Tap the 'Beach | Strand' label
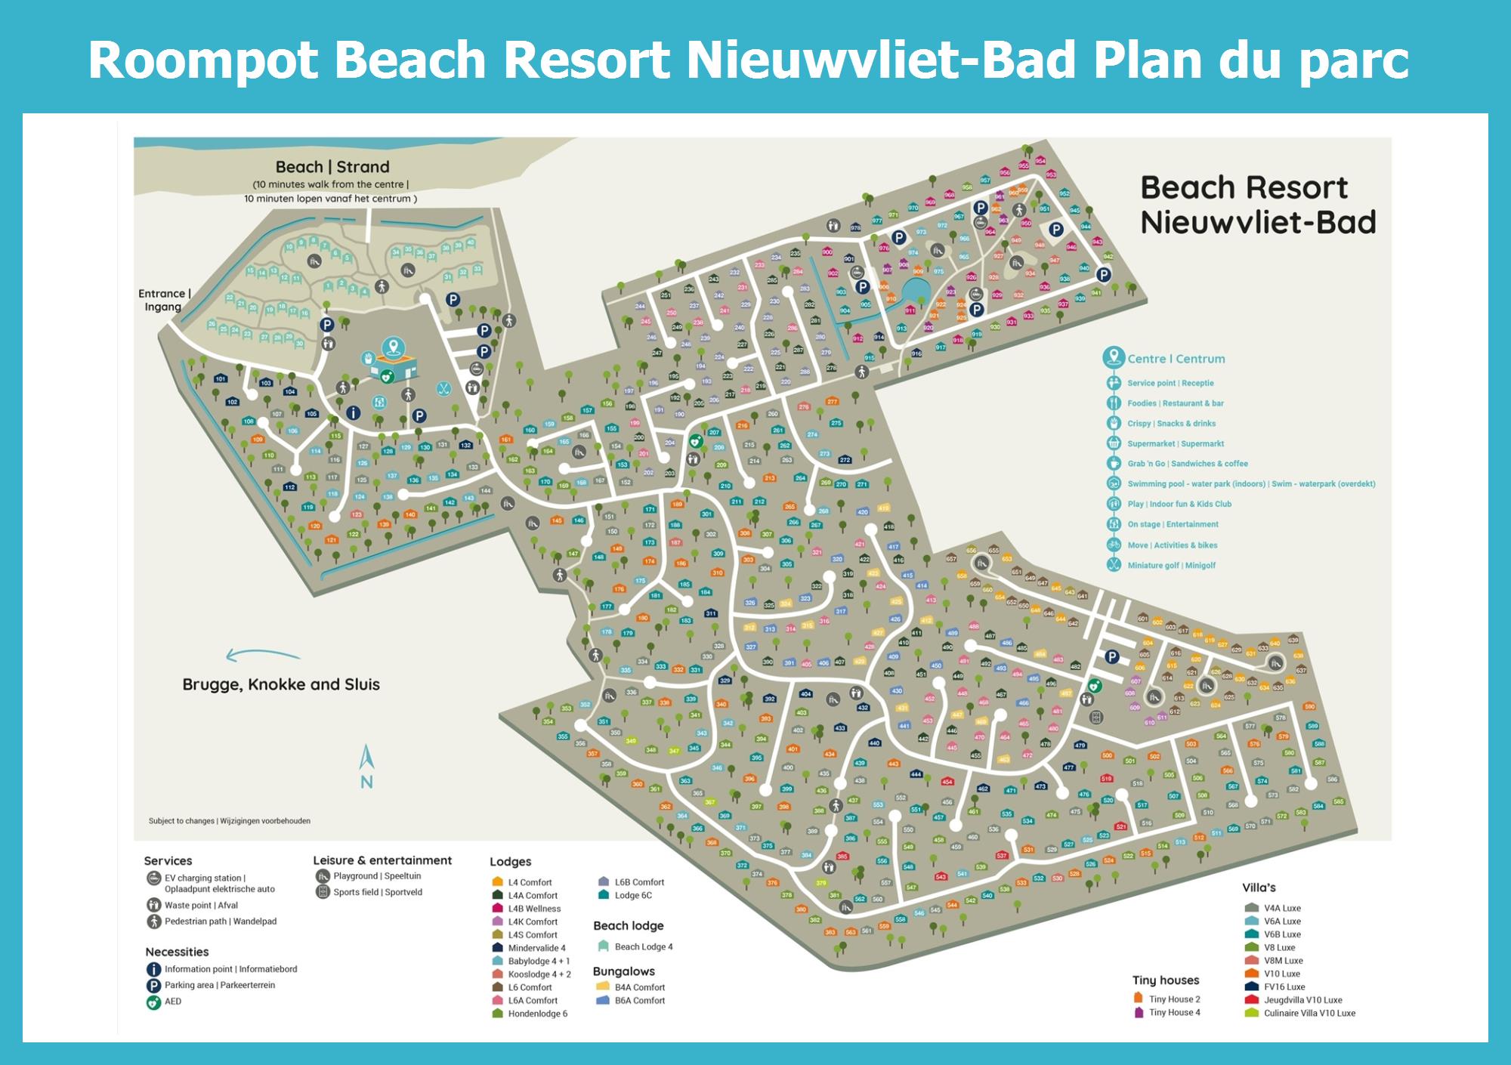pos(332,167)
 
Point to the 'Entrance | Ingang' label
pos(164,300)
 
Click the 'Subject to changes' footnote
pos(229,821)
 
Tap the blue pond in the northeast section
pos(916,289)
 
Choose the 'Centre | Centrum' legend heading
pos(1176,359)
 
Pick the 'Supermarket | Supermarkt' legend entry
pos(1175,444)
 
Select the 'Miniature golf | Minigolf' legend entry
pos(1171,565)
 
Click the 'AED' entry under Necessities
pos(173,1002)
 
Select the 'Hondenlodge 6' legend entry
pos(537,1014)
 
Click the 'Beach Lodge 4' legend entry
pos(643,946)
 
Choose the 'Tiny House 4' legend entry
pos(1174,1012)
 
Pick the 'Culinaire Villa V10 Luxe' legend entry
pos(1309,1013)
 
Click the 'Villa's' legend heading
pos(1259,887)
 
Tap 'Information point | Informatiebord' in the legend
pos(230,969)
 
